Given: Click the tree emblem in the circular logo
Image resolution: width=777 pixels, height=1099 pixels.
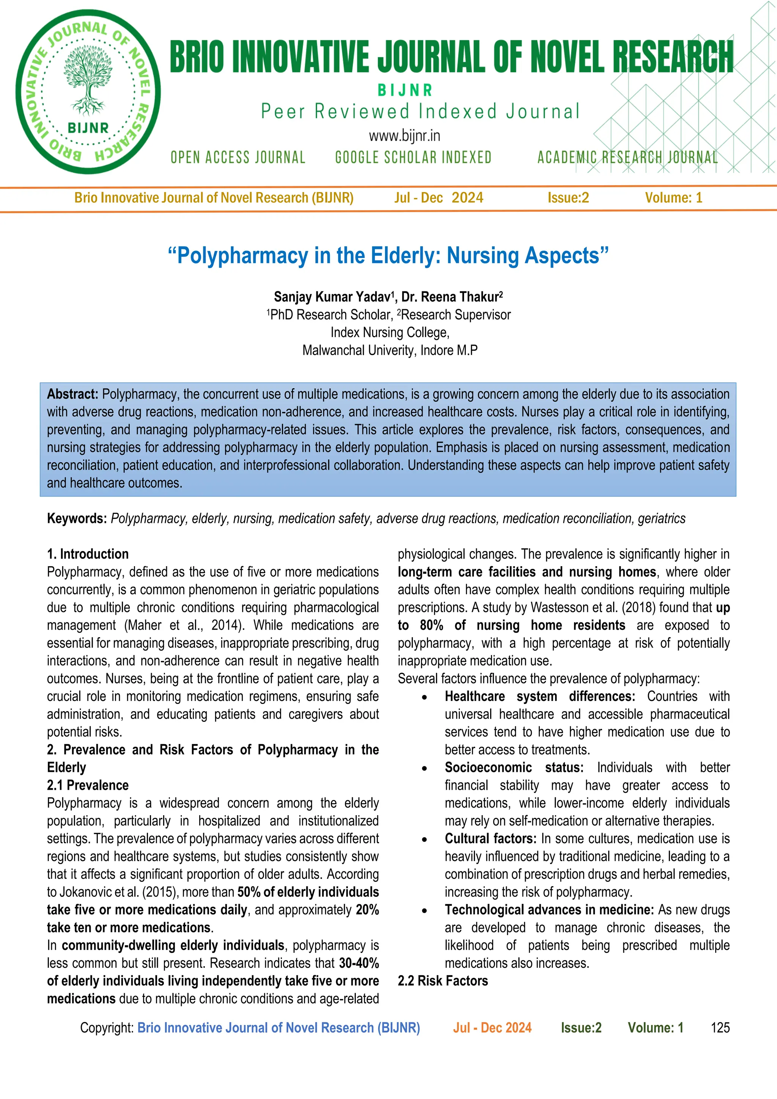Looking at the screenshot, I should coord(88,81).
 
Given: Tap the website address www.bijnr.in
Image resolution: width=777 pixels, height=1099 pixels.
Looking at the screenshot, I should coord(404,136).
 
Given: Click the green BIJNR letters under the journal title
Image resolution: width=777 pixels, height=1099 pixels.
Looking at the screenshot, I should coord(405,90).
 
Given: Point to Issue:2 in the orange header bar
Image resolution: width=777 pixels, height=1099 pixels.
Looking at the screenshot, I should coord(568,198).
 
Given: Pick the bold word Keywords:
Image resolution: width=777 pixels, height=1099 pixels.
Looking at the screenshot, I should coord(77,518).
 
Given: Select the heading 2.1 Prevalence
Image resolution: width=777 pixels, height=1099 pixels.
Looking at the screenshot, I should coord(88,785).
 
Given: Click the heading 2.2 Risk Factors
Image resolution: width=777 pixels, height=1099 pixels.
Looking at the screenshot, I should coord(443,981).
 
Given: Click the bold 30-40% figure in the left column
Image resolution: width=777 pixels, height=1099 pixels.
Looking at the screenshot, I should coord(359,963).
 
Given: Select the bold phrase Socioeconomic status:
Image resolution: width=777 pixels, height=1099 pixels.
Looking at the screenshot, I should coord(514,768).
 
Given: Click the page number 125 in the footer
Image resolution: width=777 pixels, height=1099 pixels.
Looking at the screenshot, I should coord(720,1028).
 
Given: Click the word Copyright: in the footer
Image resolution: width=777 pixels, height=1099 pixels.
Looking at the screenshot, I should coord(107,1028).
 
